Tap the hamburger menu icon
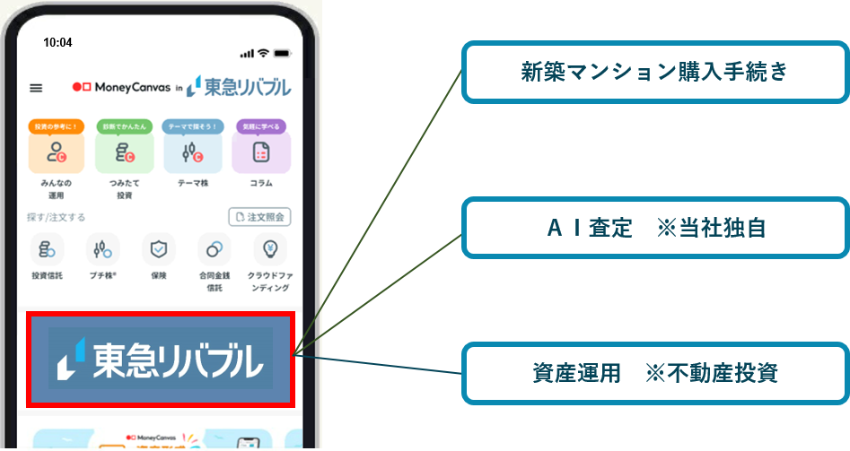[x=36, y=88]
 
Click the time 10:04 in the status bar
[x=57, y=42]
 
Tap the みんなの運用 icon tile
[x=57, y=152]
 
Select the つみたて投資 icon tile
[x=125, y=152]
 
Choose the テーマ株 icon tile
[x=193, y=152]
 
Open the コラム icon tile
[x=261, y=152]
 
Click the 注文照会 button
[x=259, y=217]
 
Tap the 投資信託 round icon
[x=47, y=249]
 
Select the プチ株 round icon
[x=102, y=249]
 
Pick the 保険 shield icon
[x=159, y=249]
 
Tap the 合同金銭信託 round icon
[x=215, y=249]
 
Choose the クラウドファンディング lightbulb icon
[x=269, y=249]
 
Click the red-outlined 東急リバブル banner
[x=161, y=359]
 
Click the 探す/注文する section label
[x=57, y=217]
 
